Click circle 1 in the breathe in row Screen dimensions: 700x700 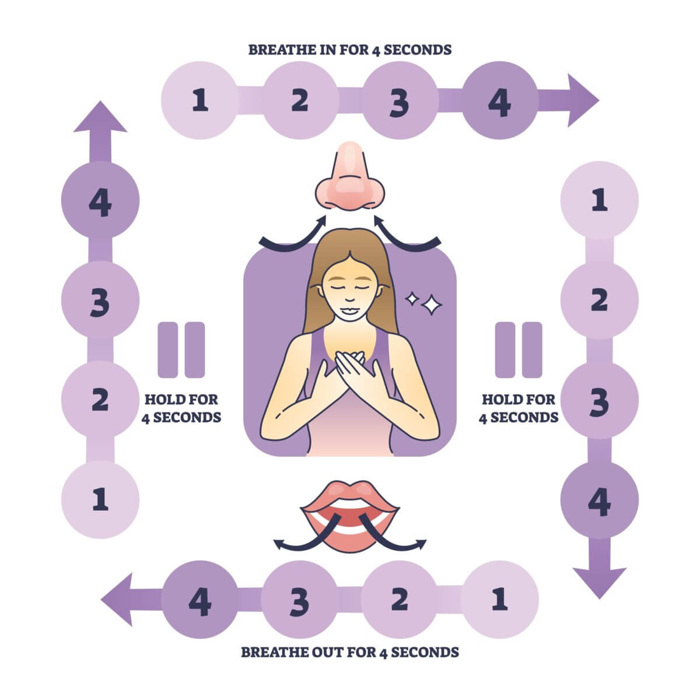(x=200, y=101)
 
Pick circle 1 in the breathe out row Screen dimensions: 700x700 (x=499, y=600)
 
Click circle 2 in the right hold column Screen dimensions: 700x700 (x=599, y=300)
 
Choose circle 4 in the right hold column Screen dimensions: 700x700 (x=599, y=500)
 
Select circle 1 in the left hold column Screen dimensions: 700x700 (x=100, y=500)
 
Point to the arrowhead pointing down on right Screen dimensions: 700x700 (x=599, y=580)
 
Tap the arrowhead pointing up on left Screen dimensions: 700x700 (x=100, y=120)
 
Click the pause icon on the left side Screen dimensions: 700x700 (x=181, y=349)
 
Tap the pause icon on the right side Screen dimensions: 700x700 (x=519, y=349)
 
